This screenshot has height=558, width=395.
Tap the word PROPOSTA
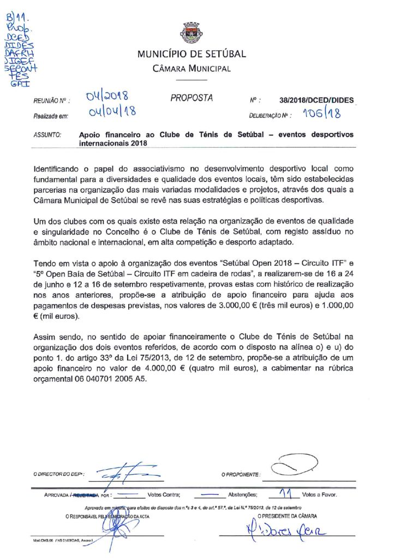191,99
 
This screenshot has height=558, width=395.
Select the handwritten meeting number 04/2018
107,98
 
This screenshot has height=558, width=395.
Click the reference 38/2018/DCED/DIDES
316,100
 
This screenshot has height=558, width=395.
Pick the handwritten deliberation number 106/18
322,113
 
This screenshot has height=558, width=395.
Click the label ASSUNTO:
47,134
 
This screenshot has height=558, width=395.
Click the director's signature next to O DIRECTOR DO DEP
124,473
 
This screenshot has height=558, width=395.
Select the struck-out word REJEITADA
86,496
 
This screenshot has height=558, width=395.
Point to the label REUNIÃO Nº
49,100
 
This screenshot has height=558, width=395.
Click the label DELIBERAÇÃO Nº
270,116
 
